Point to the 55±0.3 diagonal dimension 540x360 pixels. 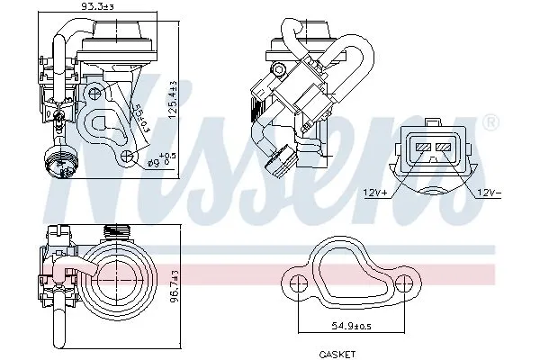141,119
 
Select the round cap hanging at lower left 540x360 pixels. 58,162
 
